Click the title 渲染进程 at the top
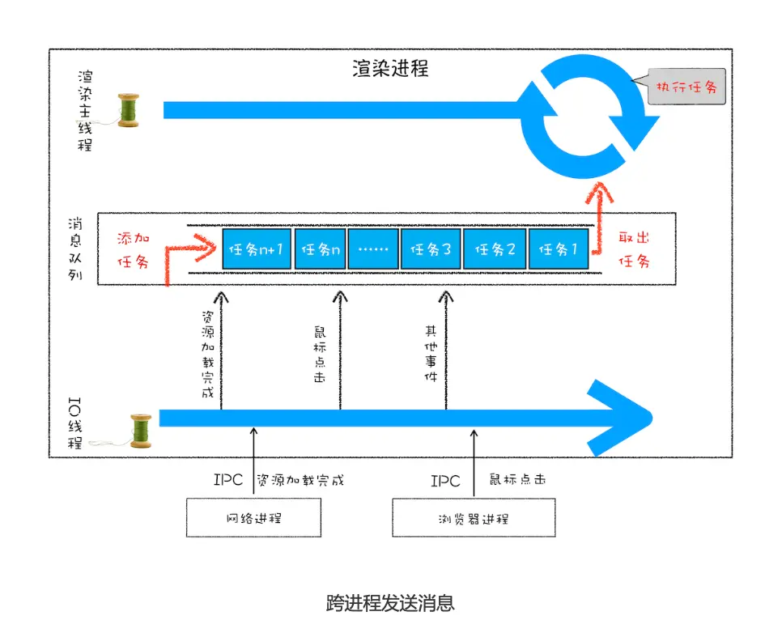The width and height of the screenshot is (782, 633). click(390, 68)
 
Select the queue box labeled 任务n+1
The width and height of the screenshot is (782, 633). click(256, 249)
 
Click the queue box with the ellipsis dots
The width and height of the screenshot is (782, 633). click(372, 249)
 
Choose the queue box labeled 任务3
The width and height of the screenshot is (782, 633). click(430, 249)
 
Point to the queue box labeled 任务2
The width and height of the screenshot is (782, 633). click(494, 249)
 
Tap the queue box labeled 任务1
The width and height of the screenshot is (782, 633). click(559, 249)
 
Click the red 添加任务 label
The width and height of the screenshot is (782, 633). click(134, 250)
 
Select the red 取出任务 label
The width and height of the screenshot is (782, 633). click(634, 249)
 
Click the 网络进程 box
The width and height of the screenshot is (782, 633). click(253, 517)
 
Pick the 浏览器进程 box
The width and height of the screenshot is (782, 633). click(474, 517)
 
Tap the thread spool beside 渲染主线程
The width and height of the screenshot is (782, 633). click(128, 110)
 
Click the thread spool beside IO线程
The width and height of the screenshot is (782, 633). click(140, 430)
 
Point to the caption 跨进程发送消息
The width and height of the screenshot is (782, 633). click(390, 603)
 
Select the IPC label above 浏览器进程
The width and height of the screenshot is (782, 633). click(444, 480)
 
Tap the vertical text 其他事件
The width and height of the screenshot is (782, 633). click(430, 354)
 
